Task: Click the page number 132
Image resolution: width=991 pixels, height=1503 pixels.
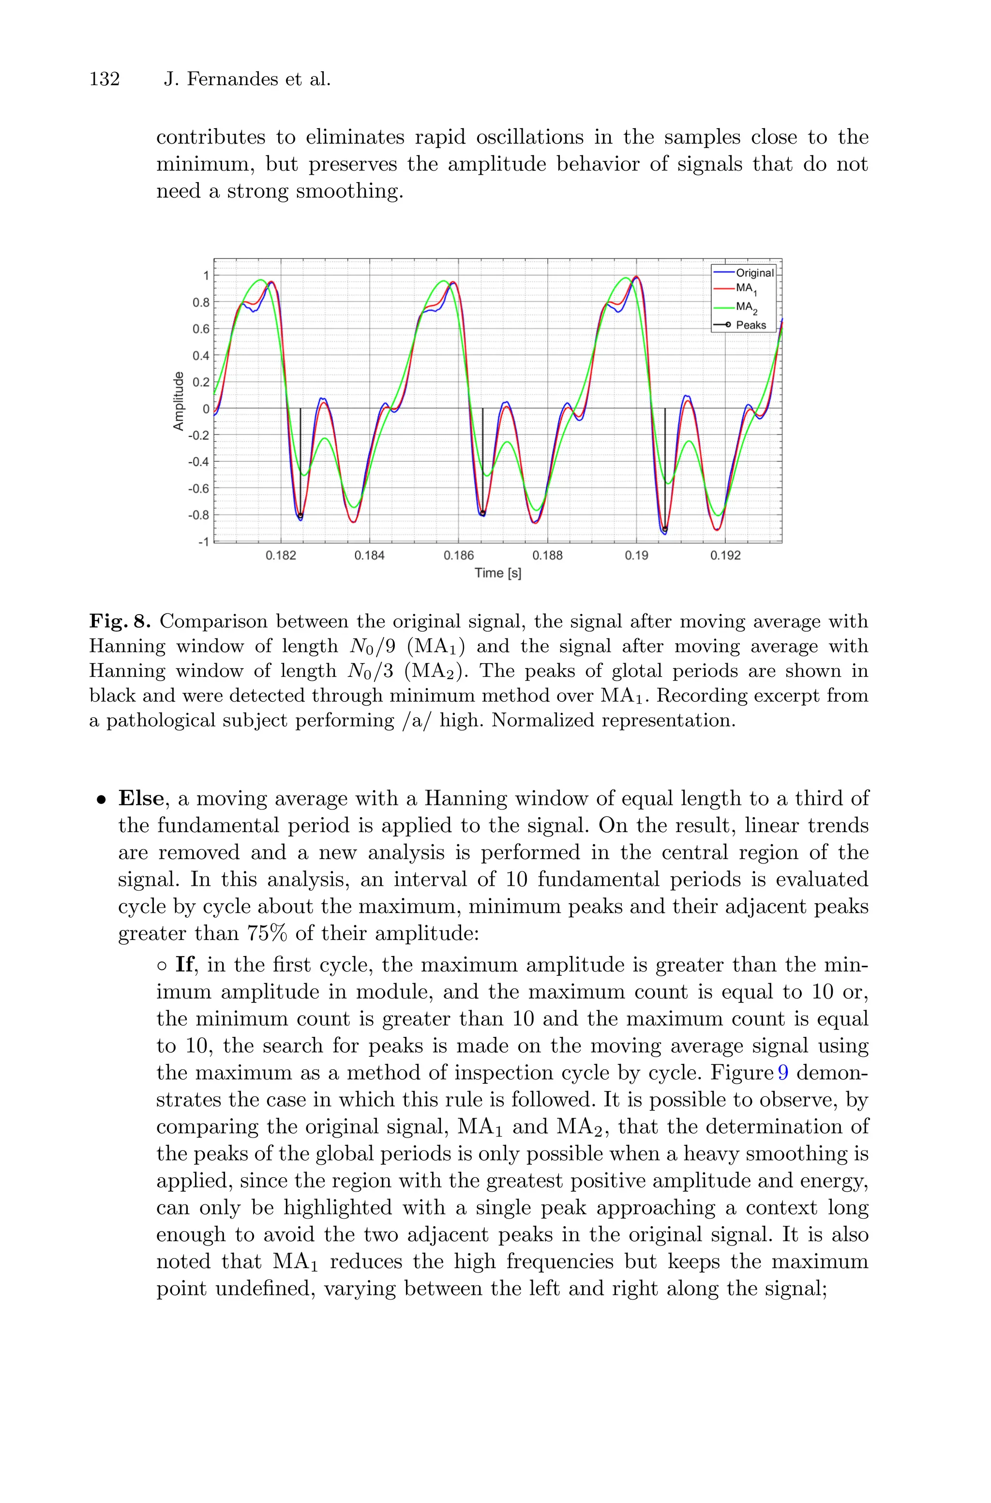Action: pyautogui.click(x=105, y=80)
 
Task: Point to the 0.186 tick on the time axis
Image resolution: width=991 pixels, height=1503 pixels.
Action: pyautogui.click(x=458, y=556)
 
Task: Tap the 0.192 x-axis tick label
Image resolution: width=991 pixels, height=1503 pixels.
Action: pyautogui.click(x=725, y=556)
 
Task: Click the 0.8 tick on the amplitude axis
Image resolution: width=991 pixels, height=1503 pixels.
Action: pyautogui.click(x=201, y=302)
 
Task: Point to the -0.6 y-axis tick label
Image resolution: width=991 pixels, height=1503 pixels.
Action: pyautogui.click(x=198, y=488)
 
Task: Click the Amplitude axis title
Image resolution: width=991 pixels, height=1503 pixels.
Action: pyautogui.click(x=179, y=401)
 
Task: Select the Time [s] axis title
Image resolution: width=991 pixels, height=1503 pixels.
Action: pyautogui.click(x=497, y=573)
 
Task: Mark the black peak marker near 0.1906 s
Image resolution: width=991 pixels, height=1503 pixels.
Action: pyautogui.click(x=665, y=529)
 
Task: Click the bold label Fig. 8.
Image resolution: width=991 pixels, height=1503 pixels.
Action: pyautogui.click(x=120, y=622)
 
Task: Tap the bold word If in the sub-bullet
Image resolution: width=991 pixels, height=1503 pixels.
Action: pyautogui.click(x=184, y=965)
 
